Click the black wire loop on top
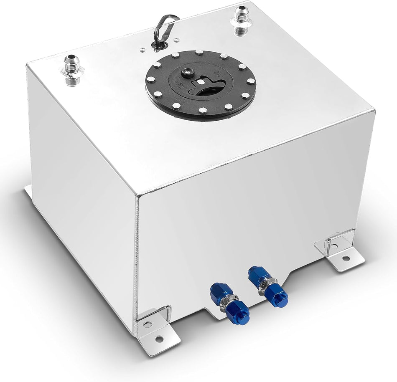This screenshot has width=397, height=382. coord(166,25)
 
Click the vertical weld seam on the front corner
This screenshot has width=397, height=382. coord(136,259)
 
